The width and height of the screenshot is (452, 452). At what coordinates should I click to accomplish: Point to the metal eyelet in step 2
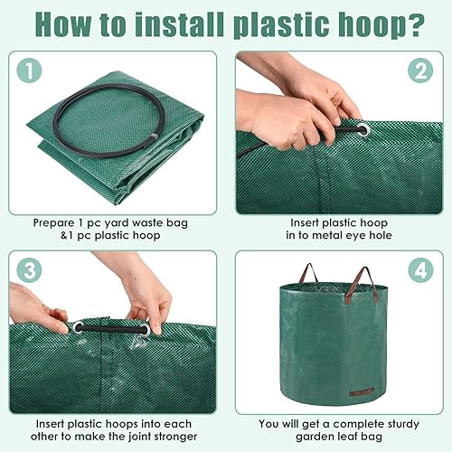[362, 131]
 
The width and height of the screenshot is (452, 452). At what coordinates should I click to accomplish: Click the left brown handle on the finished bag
[309, 272]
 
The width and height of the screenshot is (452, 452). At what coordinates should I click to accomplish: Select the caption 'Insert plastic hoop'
[337, 221]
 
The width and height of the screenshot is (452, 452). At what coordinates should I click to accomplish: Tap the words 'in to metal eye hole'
[337, 236]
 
